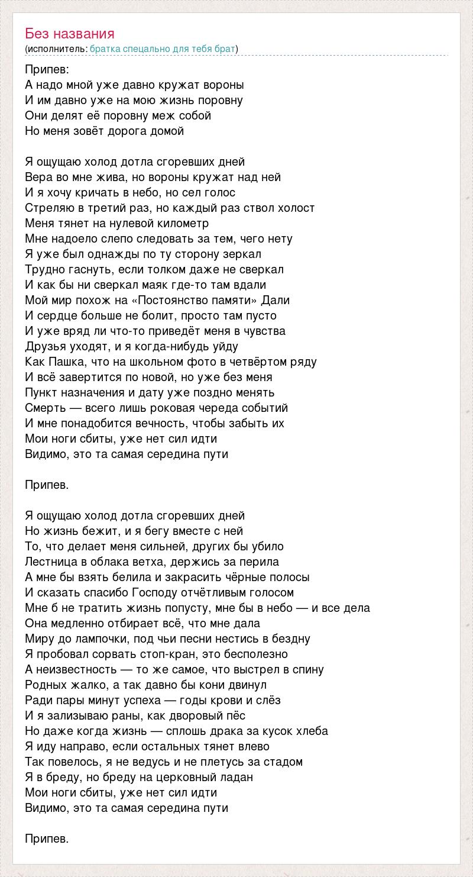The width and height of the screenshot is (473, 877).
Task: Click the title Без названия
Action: click(70, 34)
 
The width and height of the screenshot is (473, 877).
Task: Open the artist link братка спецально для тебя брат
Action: click(163, 49)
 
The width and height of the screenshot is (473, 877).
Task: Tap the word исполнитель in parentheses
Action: click(56, 49)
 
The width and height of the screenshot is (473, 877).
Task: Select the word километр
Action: click(183, 224)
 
